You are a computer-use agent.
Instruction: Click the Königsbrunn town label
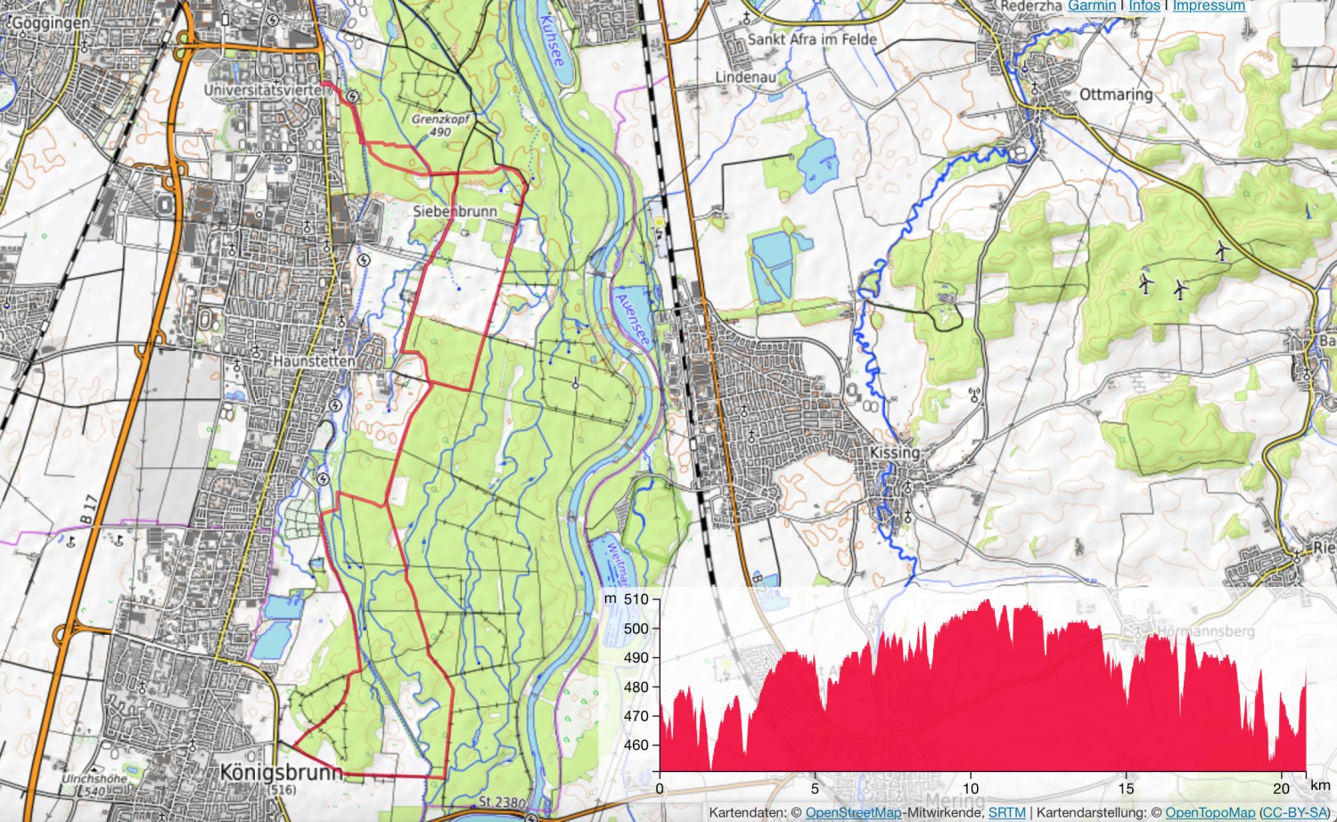point(281,771)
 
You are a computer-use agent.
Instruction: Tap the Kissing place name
point(894,452)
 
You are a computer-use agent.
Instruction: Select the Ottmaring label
point(1115,94)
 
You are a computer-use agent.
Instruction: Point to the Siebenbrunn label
point(455,211)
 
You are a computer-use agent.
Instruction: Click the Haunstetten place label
point(314,361)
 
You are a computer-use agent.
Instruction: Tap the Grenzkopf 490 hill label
point(440,125)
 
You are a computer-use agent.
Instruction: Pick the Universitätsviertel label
point(265,90)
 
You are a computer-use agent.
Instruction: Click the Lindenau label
point(745,77)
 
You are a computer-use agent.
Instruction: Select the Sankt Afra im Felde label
point(811,39)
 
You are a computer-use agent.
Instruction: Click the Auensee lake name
point(632,320)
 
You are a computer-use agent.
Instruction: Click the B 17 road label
point(87,509)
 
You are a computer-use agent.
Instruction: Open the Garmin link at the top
point(1092,5)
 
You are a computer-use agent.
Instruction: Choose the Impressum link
point(1209,5)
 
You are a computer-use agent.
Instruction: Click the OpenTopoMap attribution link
point(1210,812)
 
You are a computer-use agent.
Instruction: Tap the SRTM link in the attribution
point(1006,812)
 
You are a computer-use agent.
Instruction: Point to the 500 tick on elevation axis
point(636,628)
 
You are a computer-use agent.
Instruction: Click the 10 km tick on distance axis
point(971,788)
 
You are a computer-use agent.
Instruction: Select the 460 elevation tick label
point(636,745)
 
